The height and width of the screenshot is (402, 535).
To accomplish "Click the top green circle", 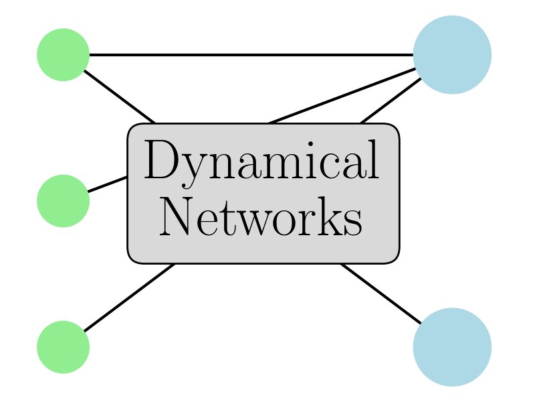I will coord(63,55).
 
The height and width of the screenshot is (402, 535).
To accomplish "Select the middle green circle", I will coord(63,201).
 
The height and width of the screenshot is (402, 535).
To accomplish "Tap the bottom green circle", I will coord(63,347).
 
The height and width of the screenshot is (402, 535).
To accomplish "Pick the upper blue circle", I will coord(452,55).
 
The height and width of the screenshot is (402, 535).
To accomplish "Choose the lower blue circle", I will coord(452,347).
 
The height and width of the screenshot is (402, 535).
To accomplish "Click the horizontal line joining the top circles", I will coord(251,55).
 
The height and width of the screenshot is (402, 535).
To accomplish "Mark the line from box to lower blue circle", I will coord(381,293).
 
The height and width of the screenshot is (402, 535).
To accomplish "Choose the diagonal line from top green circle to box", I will coord(119,96).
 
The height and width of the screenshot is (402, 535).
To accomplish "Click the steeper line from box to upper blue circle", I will coord(391,101).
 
